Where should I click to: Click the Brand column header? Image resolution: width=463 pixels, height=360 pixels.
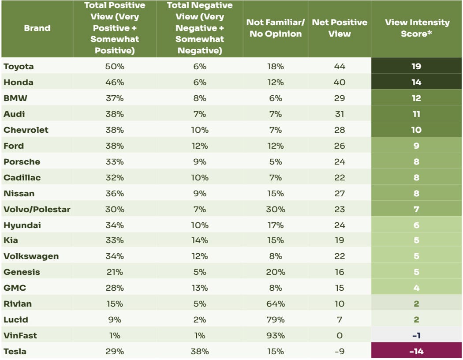(37, 28)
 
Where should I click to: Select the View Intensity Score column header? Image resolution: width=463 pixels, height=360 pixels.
(416, 28)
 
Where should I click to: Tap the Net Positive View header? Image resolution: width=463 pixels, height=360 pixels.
(339, 28)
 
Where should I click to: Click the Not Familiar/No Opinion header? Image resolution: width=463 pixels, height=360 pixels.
(276, 28)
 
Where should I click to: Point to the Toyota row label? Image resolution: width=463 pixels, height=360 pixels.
(19, 67)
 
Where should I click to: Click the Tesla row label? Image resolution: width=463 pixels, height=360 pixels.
(15, 352)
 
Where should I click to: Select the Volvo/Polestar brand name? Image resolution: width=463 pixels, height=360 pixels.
(37, 210)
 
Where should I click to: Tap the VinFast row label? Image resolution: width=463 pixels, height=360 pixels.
(20, 336)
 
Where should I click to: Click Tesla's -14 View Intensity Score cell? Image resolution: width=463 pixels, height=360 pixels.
(416, 352)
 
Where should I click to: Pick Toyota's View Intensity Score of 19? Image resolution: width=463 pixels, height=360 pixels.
(416, 67)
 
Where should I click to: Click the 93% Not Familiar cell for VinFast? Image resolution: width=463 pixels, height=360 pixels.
(276, 336)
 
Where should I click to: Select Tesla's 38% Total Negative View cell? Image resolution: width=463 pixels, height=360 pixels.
(200, 352)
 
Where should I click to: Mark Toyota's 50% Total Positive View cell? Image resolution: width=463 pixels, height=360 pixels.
(115, 67)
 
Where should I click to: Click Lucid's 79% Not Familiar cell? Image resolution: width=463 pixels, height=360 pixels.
(276, 320)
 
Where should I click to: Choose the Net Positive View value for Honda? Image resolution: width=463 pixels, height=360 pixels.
(339, 82)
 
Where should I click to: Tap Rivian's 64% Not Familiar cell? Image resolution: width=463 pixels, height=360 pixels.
(276, 304)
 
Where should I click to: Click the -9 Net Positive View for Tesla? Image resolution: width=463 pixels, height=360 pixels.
(339, 352)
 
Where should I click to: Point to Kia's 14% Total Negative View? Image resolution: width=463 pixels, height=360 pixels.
(200, 240)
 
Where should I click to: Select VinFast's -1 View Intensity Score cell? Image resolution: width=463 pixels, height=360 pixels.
(416, 336)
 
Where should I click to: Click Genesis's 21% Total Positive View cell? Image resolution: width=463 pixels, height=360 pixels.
(115, 272)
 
